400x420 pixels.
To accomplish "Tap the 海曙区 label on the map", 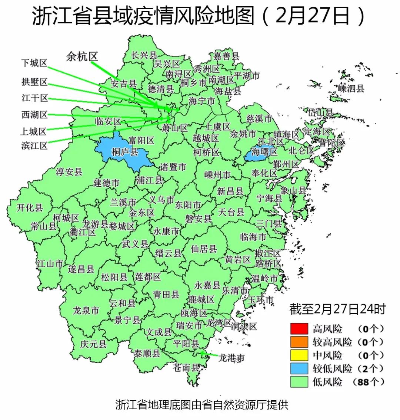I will tap(264, 152).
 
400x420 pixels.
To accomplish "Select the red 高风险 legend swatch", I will tap(299, 329).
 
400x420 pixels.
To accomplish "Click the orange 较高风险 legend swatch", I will tap(299, 342).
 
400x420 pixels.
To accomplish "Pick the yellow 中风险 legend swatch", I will tap(299, 355).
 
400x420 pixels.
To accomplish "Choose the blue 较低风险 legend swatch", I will tap(299, 368).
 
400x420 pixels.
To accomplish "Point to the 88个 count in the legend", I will tap(369, 382).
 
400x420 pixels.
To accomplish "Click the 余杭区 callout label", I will tap(82, 56).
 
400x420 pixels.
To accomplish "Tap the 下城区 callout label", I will tap(34, 63).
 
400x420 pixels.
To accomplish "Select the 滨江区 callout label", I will tap(34, 145).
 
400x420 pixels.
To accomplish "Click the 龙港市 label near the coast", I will tap(231, 358).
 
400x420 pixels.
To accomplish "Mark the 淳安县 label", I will tap(69, 172).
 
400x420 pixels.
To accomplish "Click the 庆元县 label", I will tap(93, 344).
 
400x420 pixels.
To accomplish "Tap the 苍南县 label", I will tap(186, 367).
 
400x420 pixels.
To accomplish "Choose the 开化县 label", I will tap(30, 207).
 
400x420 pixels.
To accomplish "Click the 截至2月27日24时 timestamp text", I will tap(337, 309).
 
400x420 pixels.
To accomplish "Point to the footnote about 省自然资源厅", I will tap(201, 404).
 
